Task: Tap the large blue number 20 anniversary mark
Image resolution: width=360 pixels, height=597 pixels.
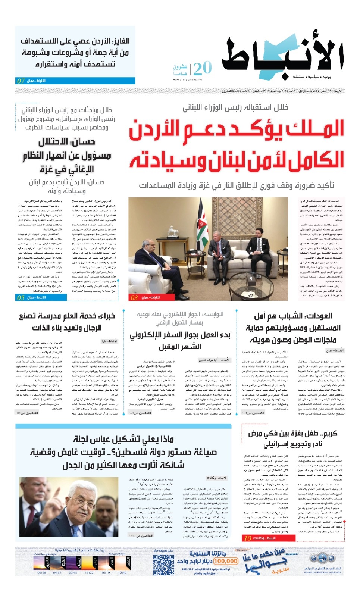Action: click(203, 68)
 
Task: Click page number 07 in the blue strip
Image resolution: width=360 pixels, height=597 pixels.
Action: click(21, 81)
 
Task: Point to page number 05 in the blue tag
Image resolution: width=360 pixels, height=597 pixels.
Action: click(21, 297)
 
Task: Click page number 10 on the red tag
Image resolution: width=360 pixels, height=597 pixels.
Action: click(248, 538)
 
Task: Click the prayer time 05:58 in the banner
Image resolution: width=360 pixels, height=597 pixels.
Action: click(42, 572)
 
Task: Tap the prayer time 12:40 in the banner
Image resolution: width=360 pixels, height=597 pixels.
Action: click(122, 572)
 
